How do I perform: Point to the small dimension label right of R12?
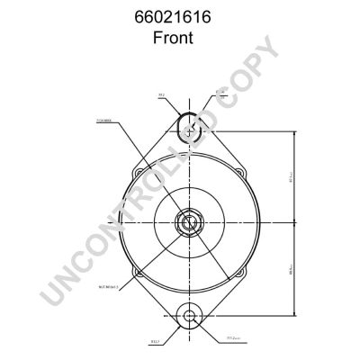(x=219, y=93)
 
